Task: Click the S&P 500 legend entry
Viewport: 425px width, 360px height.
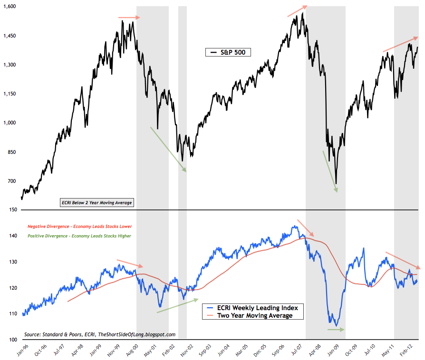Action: [228, 52]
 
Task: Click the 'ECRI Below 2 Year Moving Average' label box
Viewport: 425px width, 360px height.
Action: [97, 203]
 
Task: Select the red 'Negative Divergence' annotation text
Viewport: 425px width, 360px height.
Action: [79, 226]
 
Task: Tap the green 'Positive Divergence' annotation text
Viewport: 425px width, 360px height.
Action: [79, 236]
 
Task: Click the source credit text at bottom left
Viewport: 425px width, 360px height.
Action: [99, 334]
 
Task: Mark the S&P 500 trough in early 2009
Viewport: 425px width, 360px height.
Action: [336, 183]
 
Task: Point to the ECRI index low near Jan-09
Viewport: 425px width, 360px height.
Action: [337, 325]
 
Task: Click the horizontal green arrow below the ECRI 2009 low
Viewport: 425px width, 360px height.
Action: [336, 329]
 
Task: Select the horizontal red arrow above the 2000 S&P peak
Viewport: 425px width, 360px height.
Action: [129, 18]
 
